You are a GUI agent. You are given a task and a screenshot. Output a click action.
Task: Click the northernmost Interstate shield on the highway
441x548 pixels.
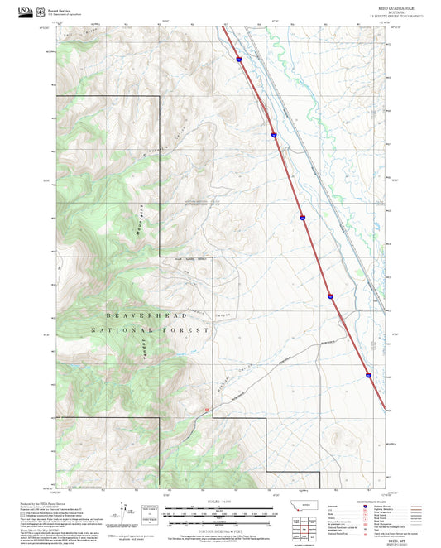pos(237,59)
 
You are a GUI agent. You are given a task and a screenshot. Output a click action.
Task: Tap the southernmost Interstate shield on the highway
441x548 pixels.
pos(367,376)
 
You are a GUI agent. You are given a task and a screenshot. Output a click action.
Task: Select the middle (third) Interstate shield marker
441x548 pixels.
pos(303,219)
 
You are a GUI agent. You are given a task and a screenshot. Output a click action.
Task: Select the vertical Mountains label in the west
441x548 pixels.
pos(139,223)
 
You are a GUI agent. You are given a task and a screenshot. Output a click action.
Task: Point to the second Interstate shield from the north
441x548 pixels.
pos(272,133)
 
